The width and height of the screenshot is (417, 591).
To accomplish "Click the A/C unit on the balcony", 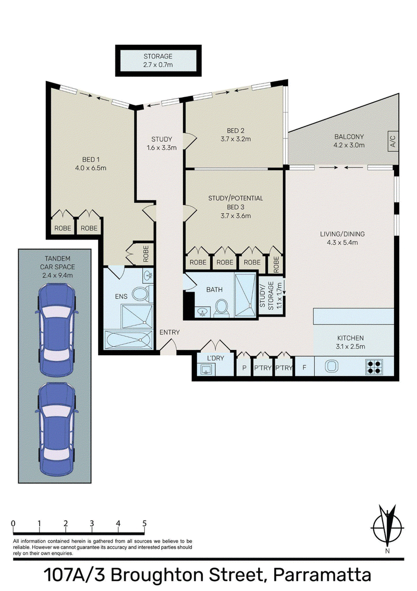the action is (393, 141).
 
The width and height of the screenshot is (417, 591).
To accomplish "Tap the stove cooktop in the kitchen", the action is (374, 366).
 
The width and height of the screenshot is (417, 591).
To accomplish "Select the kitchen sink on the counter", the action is (332, 366).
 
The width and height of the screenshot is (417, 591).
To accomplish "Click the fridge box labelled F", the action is (304, 366).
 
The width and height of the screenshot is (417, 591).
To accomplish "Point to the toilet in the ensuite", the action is (142, 294).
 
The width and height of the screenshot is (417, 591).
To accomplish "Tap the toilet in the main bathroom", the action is (220, 307).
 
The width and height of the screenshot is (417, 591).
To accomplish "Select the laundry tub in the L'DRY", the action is (206, 369).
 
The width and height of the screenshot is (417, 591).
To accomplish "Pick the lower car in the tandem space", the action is (56, 429).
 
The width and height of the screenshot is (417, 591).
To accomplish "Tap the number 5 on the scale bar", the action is (144, 523).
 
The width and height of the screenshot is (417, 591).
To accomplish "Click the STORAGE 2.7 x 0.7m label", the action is (158, 61).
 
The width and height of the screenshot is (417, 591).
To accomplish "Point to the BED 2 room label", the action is (236, 135).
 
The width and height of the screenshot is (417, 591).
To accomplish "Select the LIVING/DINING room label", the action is (342, 238).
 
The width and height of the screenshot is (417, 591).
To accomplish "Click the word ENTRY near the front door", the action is (169, 332).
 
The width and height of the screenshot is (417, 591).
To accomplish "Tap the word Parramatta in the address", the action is (322, 575).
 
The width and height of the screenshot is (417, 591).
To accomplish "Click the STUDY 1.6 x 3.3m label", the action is (162, 143).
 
